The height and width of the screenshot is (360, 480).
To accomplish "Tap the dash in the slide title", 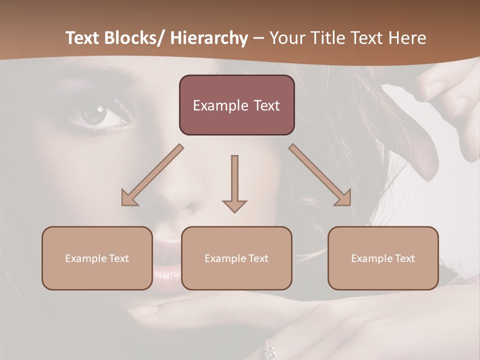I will click(258, 38).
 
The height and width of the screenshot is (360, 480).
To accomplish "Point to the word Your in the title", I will click(286, 38).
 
